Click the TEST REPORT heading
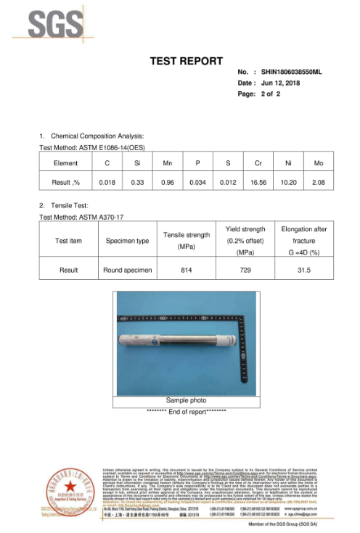point(186,61)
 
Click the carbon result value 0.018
point(107,182)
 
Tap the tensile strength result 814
point(187,270)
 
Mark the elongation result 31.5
point(304,270)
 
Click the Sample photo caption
point(186,400)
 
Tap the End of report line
point(186,411)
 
